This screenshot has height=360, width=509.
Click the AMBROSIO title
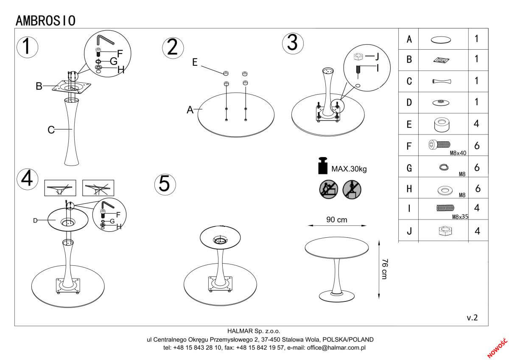(45, 20)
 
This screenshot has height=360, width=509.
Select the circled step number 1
(27, 46)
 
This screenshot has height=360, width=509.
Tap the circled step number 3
(293, 43)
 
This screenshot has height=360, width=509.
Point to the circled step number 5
(165, 183)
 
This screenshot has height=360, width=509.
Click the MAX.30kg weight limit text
(349, 169)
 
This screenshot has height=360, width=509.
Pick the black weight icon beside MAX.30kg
(323, 166)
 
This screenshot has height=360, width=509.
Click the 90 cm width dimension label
(336, 220)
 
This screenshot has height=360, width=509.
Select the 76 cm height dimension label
(383, 268)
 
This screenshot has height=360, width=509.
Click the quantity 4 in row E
(477, 124)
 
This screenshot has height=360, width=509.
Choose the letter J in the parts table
(409, 232)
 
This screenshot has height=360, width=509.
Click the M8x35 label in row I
(460, 217)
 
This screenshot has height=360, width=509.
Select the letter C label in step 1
(51, 130)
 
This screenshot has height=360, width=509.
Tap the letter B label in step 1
(39, 87)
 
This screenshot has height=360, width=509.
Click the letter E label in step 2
(195, 62)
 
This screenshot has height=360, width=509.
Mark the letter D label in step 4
(36, 220)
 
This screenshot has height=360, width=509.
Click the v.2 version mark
(472, 318)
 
